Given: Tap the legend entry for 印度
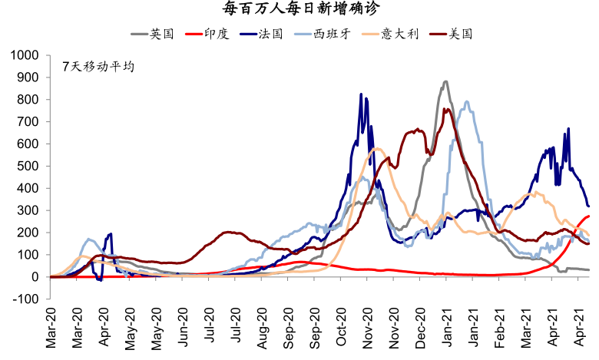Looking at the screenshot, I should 219,34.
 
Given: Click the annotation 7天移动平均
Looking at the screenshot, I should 98,67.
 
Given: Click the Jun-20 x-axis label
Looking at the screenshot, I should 184,330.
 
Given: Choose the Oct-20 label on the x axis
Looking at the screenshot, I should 341,330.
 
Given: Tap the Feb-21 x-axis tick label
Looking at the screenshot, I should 498,330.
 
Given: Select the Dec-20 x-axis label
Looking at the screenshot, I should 420,330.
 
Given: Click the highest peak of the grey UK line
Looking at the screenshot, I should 445,81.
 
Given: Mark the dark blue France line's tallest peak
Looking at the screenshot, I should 362,94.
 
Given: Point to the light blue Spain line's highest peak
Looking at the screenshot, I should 466,101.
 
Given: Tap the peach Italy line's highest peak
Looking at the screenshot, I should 376,148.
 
